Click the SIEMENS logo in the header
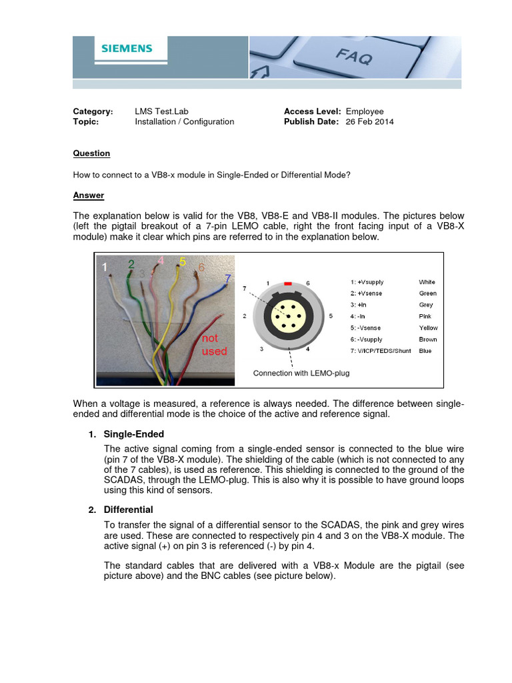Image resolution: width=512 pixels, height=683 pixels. coord(127,49)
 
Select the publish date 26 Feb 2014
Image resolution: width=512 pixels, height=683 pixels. coord(369,122)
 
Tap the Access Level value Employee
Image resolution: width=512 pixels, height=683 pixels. coord(365,111)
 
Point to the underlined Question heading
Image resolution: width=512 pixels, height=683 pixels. coord(91,153)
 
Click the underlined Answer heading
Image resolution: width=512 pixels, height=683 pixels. coord(88,195)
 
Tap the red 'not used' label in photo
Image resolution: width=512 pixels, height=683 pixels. coord(214,345)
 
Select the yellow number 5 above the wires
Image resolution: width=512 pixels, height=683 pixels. coord(183,261)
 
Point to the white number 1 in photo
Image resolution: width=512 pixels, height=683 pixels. coord(104,267)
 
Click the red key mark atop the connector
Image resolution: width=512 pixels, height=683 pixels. coord(288,283)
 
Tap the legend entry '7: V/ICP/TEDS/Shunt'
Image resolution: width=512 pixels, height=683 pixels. coord(381,351)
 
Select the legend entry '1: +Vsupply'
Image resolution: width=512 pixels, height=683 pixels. coord(367,282)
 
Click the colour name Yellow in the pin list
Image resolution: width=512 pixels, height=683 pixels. coord(428,328)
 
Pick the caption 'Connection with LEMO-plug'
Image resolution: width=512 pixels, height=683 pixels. coord(301,373)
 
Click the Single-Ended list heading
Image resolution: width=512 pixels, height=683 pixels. coord(133,434)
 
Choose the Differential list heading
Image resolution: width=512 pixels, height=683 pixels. coord(128,510)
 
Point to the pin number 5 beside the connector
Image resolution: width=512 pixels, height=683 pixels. coord(331,315)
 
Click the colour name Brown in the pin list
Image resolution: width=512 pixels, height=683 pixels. coord(427,339)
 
